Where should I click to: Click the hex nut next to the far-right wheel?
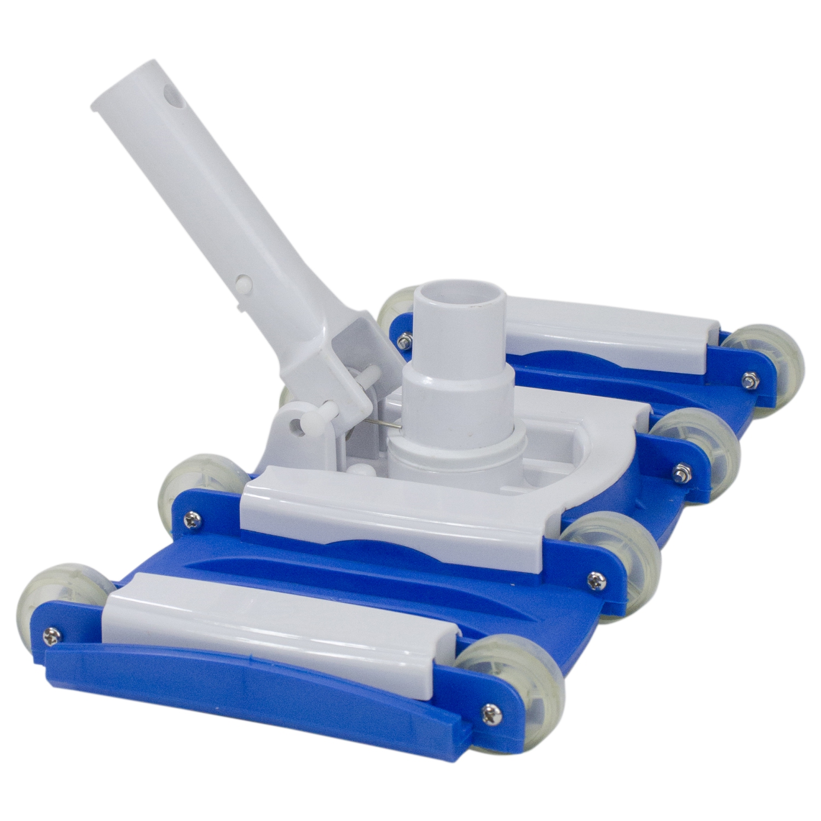745,378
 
